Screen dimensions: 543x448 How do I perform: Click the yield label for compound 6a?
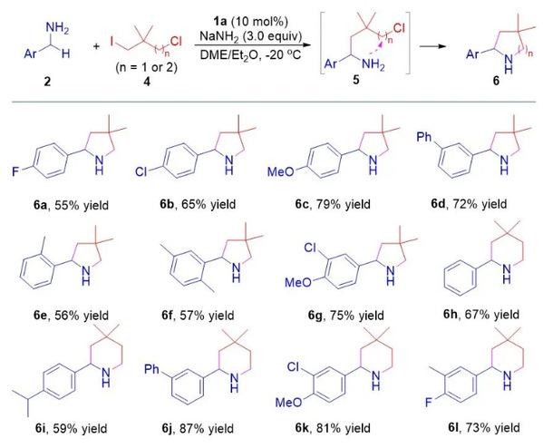(71, 205)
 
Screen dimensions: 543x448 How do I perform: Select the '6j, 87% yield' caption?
(198, 429)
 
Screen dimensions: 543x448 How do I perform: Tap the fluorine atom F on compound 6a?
(15, 171)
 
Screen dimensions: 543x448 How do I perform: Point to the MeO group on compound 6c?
(281, 171)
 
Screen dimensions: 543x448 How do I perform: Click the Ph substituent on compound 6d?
(424, 137)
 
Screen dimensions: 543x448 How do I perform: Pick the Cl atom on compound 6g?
(310, 248)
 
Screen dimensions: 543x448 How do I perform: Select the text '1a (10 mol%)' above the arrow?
(250, 22)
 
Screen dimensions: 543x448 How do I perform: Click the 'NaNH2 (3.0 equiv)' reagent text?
(251, 36)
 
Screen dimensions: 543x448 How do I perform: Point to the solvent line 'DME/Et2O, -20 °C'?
(250, 54)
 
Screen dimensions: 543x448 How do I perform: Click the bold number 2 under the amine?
(47, 82)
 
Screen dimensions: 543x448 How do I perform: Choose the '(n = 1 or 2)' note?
(147, 67)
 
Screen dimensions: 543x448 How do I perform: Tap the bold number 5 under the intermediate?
(356, 80)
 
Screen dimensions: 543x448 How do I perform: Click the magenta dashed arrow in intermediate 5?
(372, 48)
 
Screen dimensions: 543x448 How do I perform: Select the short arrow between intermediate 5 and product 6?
(432, 46)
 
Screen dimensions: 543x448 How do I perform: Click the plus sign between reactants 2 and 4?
(96, 46)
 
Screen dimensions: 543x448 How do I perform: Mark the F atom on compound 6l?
(429, 403)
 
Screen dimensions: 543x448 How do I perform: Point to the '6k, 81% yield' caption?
(333, 428)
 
